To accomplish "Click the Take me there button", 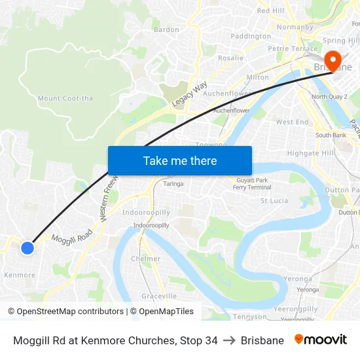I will [180, 160].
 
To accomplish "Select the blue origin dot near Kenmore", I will [27, 248].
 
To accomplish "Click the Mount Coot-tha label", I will [65, 99].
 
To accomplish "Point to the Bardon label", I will [166, 29].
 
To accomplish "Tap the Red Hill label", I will [270, 11].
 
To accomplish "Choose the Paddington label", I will [251, 37].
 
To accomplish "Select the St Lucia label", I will [274, 200].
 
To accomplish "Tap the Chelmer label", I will [145, 259].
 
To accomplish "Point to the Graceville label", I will [159, 296].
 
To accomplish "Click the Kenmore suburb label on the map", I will [20, 275].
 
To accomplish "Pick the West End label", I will [292, 122].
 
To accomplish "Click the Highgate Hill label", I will [311, 153].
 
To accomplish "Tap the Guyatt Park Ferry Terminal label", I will [252, 184].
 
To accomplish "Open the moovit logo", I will [321, 340].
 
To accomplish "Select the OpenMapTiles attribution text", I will [162, 312].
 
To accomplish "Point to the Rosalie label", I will [230, 58].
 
